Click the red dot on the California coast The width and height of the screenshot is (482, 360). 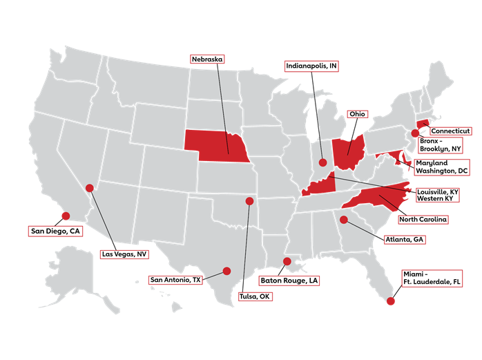66,216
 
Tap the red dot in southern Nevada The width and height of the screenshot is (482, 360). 89,188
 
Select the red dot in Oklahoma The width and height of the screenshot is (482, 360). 249,201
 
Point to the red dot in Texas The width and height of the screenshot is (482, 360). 226,271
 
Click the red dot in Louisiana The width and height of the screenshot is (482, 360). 287,260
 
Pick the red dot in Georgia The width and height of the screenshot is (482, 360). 343,220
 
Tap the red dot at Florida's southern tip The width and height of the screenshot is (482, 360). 390,301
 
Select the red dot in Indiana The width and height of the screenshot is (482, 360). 322,162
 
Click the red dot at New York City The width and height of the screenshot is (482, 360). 415,133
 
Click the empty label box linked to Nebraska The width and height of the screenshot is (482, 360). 207,59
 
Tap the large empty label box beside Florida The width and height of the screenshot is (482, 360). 432,278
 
